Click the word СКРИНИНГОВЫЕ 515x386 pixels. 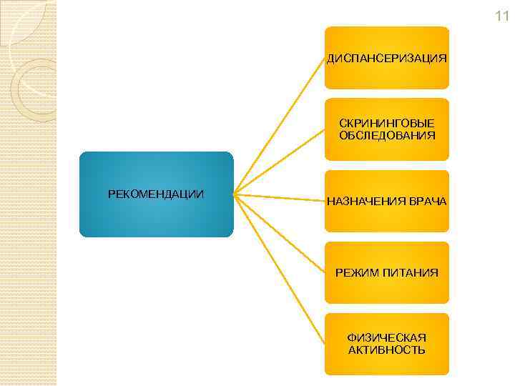pos(387,124)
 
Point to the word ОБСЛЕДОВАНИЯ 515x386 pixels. pos(387,135)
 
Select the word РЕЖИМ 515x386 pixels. pos(358,273)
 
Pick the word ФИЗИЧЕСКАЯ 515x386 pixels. pos(387,337)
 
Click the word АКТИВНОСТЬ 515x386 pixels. pos(387,350)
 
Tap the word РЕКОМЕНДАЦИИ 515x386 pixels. pos(156,194)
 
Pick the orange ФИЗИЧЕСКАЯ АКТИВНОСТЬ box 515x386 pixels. pos(387,364)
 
